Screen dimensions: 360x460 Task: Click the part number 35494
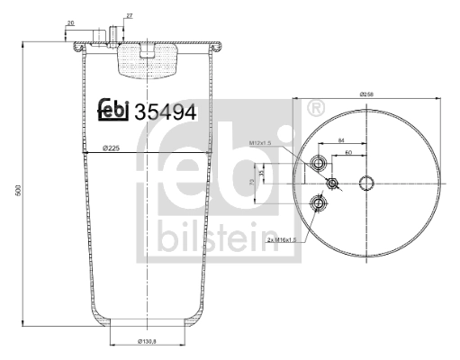click(165, 112)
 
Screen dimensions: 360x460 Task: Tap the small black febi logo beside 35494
click(113, 110)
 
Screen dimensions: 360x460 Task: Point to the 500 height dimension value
click(17, 193)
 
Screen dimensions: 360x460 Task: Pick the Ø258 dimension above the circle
click(366, 94)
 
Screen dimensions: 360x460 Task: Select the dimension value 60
click(347, 153)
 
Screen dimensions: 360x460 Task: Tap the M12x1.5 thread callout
click(260, 143)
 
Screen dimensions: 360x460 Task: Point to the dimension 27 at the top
click(129, 16)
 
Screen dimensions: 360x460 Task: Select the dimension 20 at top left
click(71, 23)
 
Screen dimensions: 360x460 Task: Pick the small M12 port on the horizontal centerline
click(332, 184)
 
